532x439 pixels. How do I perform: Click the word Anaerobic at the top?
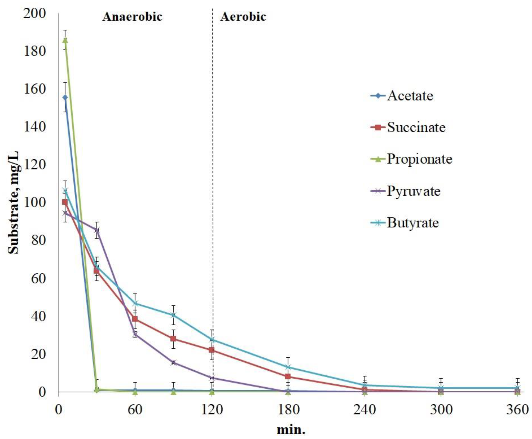(x=132, y=17)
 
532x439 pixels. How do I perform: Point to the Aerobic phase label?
(x=243, y=17)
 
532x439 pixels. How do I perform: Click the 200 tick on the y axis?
(x=35, y=13)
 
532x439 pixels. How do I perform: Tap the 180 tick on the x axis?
(x=288, y=409)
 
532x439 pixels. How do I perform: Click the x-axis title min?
(x=291, y=429)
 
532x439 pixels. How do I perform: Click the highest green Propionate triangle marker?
(x=65, y=40)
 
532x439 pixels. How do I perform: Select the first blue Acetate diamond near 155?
(x=65, y=97)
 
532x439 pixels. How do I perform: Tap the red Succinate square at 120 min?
(x=212, y=350)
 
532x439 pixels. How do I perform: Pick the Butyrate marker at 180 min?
(x=288, y=367)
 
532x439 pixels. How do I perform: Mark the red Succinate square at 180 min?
(x=288, y=376)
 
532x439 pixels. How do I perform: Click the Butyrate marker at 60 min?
(x=135, y=303)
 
